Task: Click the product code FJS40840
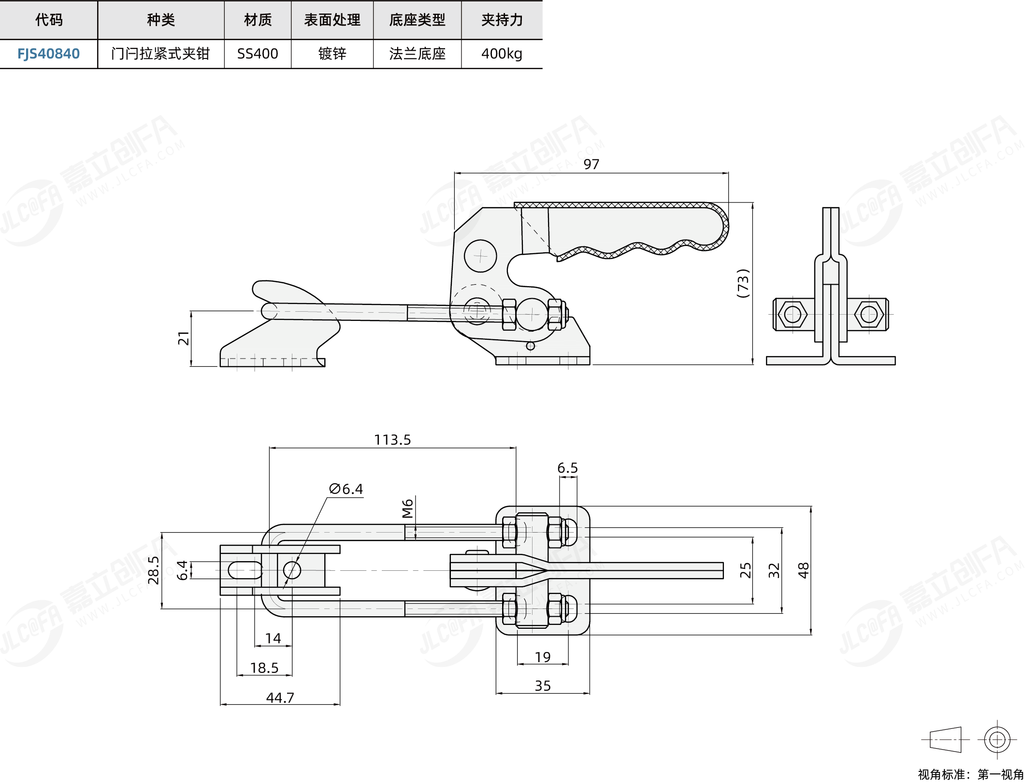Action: tap(48, 54)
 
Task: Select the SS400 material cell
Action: tap(258, 54)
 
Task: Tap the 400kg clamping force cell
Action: tap(502, 54)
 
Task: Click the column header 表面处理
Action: tap(332, 20)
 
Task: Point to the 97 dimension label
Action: tap(591, 164)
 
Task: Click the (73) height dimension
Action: tap(743, 283)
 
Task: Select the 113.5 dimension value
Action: tap(392, 440)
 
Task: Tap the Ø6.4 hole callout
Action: tap(346, 489)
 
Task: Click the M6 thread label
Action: tap(408, 508)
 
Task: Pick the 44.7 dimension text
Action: tap(280, 697)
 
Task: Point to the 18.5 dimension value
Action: tap(264, 667)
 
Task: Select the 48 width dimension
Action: tap(803, 570)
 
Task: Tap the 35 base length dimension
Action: tap(543, 685)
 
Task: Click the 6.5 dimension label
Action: tap(567, 468)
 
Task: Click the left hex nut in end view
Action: tap(793, 315)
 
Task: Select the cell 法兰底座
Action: tap(417, 54)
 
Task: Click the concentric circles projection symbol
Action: tap(997, 739)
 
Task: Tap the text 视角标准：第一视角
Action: tap(970, 774)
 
